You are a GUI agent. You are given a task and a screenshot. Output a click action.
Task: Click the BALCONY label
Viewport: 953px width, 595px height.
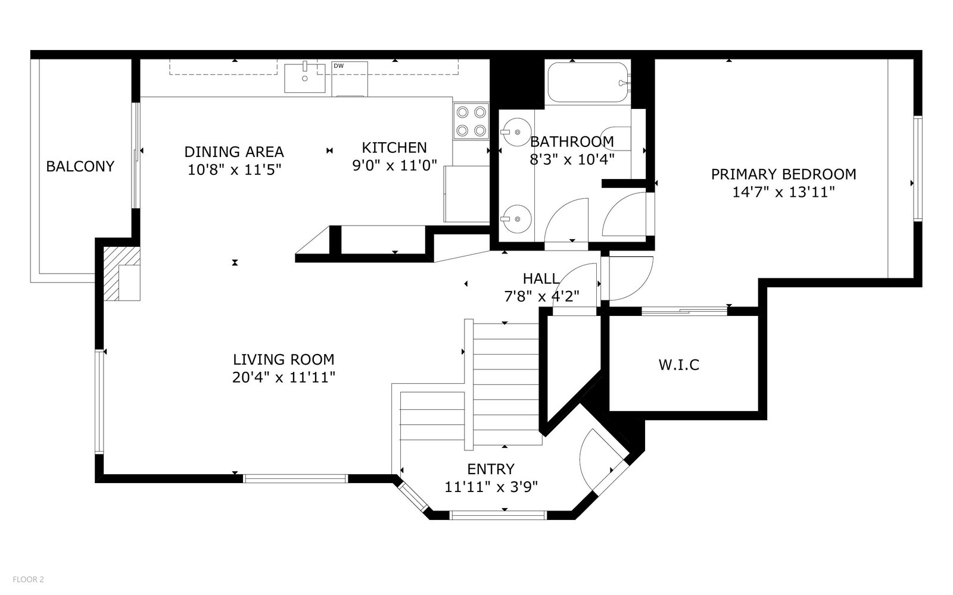(80, 166)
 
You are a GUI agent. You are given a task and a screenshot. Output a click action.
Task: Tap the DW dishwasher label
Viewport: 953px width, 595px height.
(339, 66)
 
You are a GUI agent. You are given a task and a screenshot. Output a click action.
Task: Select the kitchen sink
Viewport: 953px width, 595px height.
(304, 78)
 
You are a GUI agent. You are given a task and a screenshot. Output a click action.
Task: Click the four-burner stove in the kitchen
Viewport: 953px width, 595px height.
(471, 121)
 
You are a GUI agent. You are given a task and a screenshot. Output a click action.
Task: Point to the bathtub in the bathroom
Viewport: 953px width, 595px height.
(588, 82)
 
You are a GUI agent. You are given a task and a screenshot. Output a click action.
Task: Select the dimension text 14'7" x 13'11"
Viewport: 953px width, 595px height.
(783, 192)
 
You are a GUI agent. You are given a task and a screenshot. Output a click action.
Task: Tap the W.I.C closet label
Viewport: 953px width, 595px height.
(679, 365)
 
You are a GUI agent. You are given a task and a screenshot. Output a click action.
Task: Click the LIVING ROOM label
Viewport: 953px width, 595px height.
(284, 359)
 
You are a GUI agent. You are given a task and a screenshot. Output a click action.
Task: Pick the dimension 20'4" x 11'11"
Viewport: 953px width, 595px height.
(284, 377)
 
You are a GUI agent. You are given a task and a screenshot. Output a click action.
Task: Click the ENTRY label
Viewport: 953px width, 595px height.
(491, 469)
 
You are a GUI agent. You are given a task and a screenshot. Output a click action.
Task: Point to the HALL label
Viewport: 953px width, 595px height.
(541, 278)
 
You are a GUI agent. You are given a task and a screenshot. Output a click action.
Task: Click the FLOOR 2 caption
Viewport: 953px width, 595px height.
(28, 580)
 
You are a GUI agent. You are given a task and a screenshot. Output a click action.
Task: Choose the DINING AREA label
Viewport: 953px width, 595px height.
(234, 152)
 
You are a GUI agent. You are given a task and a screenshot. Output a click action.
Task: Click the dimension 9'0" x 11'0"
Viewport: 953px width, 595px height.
(394, 165)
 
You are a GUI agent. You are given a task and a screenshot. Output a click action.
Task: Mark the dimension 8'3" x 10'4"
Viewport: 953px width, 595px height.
(572, 159)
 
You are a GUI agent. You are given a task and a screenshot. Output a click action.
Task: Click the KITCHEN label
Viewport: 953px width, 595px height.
(394, 148)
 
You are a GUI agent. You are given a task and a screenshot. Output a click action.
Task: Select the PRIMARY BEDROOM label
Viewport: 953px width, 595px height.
(784, 174)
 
